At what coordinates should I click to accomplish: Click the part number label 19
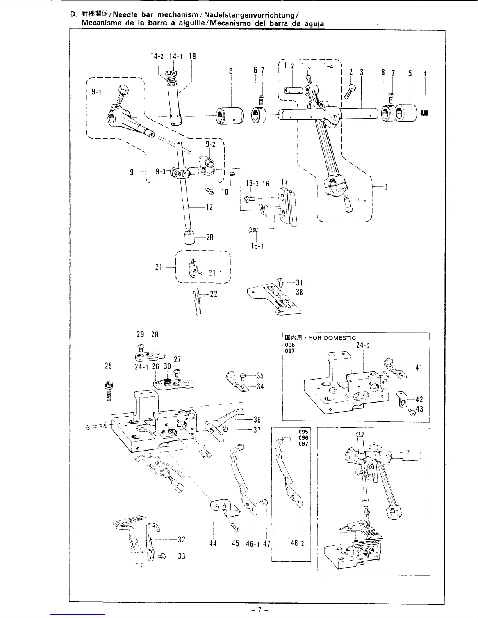click(x=192, y=56)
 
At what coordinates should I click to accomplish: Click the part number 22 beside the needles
click(x=213, y=294)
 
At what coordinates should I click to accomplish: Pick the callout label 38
click(x=300, y=292)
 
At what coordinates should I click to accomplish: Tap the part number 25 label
click(x=108, y=366)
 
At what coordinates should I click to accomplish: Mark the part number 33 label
click(x=181, y=556)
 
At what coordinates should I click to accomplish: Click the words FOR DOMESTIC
click(x=332, y=338)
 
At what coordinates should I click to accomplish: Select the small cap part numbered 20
click(x=190, y=237)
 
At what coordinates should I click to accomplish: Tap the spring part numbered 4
click(x=425, y=113)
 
